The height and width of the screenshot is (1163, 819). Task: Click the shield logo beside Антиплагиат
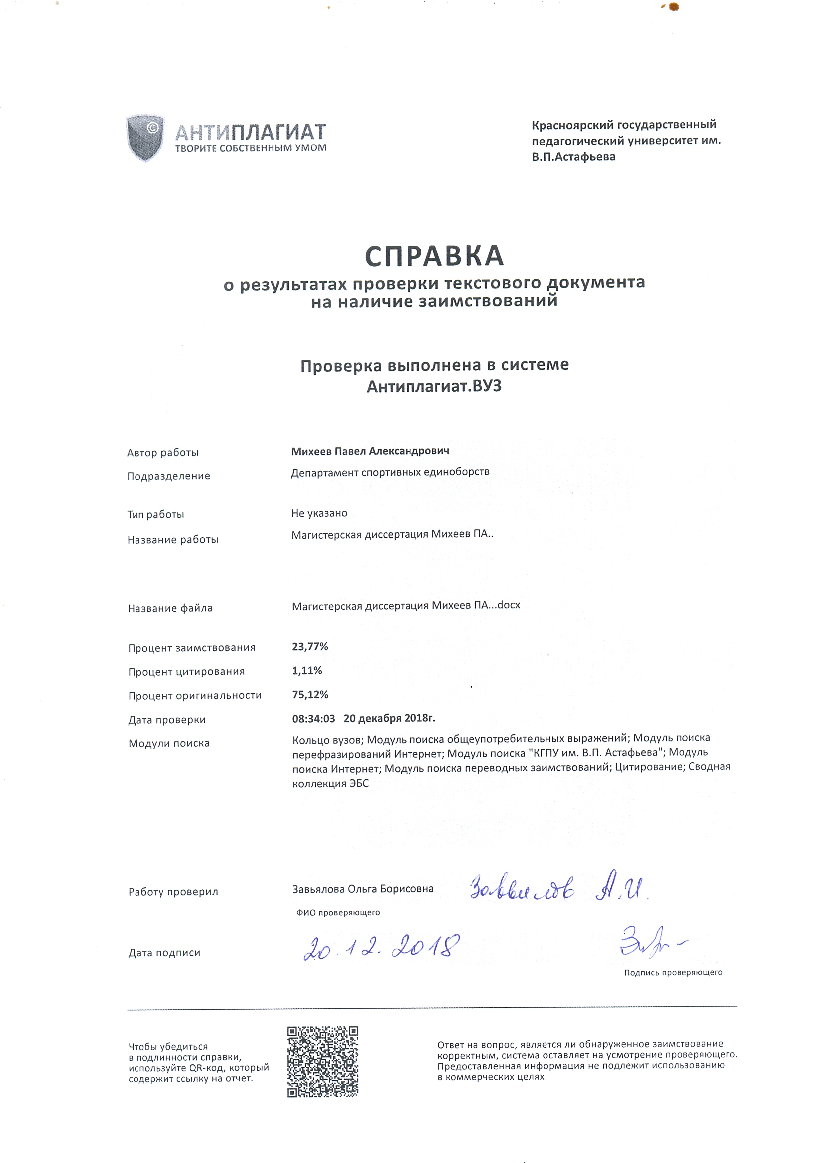(x=145, y=137)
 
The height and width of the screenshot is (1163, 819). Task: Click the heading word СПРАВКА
(x=434, y=256)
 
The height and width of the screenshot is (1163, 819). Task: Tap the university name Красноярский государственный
(x=624, y=125)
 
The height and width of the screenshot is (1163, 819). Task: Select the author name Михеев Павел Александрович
(x=370, y=451)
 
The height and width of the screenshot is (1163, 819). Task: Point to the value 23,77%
(x=310, y=647)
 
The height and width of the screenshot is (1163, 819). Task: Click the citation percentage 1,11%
(x=307, y=671)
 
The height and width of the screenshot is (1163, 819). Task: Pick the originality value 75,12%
(x=310, y=695)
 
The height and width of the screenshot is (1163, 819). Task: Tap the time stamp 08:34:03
(x=313, y=718)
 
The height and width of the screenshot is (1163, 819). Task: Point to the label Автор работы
(x=162, y=453)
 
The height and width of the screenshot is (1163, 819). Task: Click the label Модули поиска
(x=169, y=743)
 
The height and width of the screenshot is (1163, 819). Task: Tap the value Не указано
(x=319, y=513)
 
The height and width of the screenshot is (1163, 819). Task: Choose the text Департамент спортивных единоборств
(x=390, y=472)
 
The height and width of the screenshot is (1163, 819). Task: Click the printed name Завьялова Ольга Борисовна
(x=363, y=889)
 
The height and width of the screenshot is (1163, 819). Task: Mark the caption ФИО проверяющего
(x=338, y=913)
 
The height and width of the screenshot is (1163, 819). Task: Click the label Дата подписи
(x=164, y=953)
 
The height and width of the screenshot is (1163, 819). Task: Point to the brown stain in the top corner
(x=673, y=7)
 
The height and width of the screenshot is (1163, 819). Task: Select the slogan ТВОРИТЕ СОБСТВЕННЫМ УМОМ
(x=251, y=148)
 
